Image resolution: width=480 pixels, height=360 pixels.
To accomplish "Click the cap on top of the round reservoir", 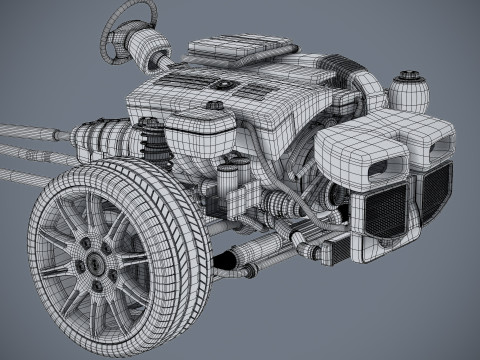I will click(x=409, y=73).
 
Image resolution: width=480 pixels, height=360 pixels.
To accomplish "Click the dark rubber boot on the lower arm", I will click(x=226, y=262).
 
